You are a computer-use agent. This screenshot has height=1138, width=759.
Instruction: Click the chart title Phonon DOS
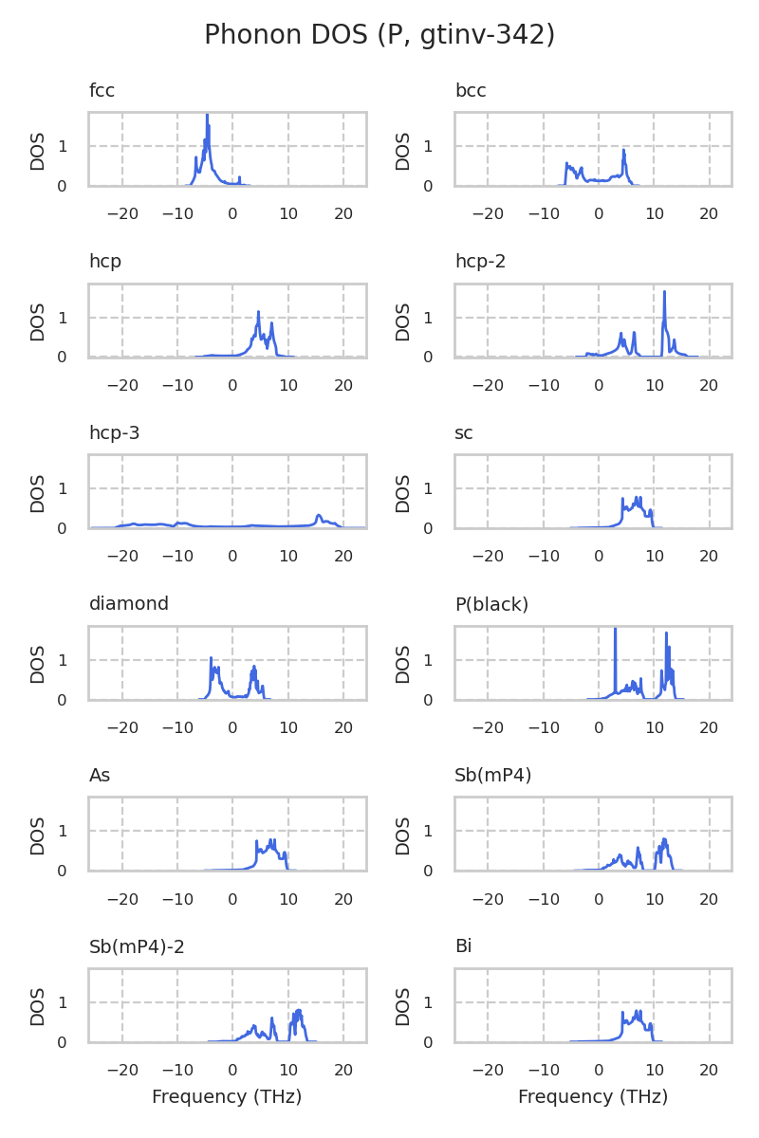379,35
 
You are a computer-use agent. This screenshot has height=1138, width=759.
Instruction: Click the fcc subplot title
102,91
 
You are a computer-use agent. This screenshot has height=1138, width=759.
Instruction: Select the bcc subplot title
471,91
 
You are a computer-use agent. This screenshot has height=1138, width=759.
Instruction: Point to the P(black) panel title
491,604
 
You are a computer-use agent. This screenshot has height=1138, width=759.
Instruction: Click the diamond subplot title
129,604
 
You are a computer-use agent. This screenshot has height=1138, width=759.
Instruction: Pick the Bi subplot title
463,946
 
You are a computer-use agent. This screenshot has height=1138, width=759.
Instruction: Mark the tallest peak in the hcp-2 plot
664,292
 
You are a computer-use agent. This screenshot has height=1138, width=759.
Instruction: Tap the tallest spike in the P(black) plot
616,630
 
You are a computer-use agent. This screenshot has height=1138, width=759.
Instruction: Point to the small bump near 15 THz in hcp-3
319,516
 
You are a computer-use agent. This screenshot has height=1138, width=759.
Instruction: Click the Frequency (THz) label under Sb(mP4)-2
227,1097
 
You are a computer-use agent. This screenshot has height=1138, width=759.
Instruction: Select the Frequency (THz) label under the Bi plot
593,1097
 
